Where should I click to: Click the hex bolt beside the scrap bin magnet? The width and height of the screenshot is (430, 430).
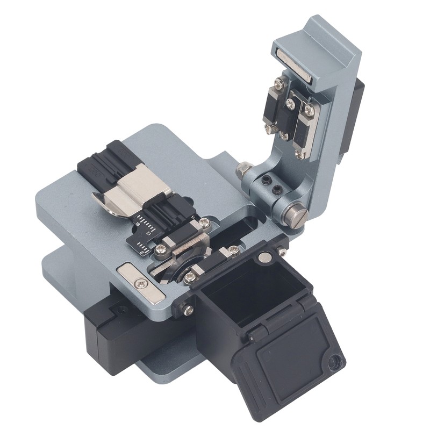pyautogui.click(x=282, y=251)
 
